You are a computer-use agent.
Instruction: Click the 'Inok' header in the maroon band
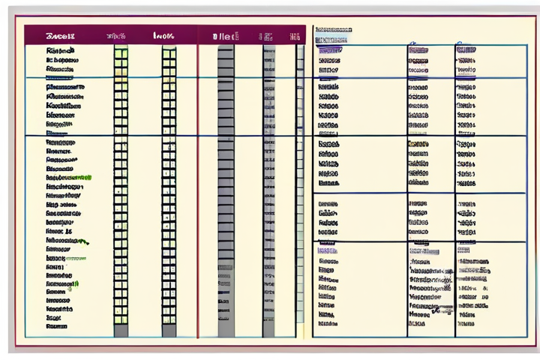pyautogui.click(x=164, y=35)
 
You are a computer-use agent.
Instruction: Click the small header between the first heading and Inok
pyautogui.click(x=116, y=35)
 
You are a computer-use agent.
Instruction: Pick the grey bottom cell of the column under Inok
pyautogui.click(x=169, y=330)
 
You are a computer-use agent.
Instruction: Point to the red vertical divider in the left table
pyautogui.click(x=198, y=187)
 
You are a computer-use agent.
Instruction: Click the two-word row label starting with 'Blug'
pyautogui.click(x=61, y=204)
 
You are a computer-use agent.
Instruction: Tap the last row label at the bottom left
pyautogui.click(x=57, y=326)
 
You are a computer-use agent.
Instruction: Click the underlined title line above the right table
pyautogui.click(x=332, y=31)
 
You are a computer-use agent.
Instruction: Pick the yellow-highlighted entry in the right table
pyautogui.click(x=418, y=142)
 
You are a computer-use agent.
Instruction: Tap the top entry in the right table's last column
pyautogui.click(x=465, y=50)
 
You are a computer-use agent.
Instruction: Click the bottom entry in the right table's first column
pyautogui.click(x=326, y=324)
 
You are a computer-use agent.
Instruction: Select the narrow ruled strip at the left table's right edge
pyautogui.click(x=300, y=187)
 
